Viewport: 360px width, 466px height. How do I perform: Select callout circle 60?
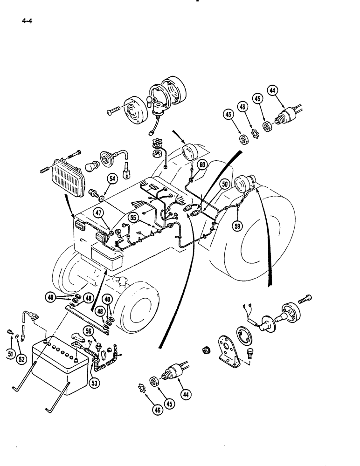coord(202,164)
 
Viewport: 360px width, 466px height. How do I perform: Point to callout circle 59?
coord(238,227)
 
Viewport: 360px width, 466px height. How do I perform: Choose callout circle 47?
coord(98,214)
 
